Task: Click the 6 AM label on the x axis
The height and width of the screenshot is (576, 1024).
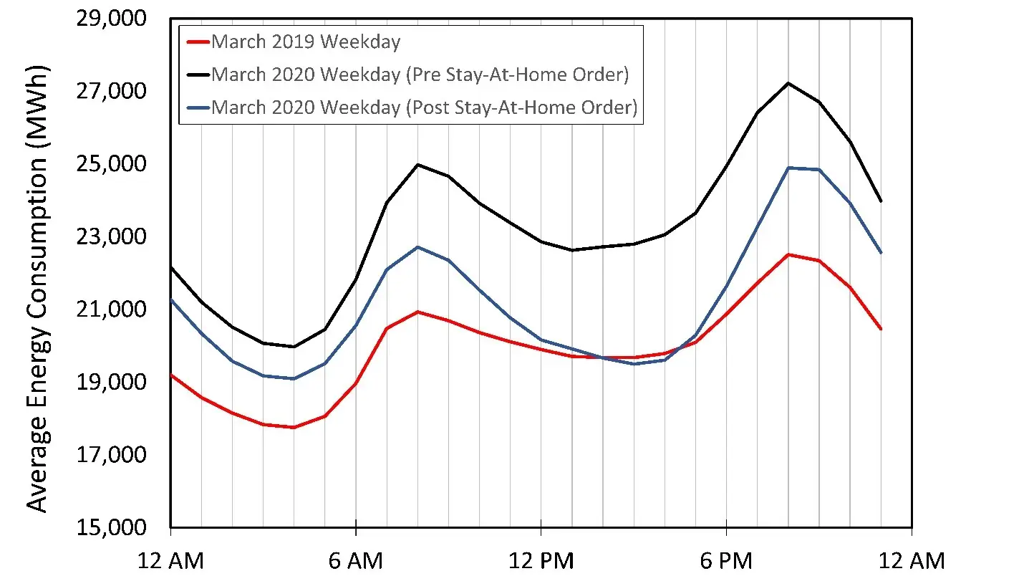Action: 356,560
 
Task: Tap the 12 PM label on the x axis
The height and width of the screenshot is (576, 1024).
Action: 541,560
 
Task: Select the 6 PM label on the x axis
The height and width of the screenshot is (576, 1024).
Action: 727,560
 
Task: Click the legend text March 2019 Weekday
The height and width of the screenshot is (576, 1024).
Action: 306,42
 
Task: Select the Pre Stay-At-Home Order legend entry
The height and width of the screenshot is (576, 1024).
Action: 424,75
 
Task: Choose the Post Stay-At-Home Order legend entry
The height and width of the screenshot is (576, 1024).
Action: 424,107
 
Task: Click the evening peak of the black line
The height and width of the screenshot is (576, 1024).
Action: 788,83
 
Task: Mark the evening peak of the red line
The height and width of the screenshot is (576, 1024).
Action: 788,254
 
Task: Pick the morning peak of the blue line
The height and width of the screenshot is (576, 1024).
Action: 417,247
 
